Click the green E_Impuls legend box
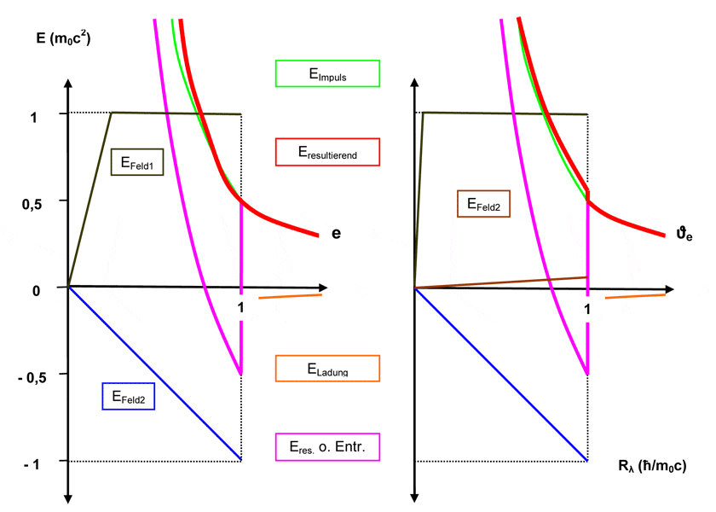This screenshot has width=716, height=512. point(327,73)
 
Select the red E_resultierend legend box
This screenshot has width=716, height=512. point(327,153)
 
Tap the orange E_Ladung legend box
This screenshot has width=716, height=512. point(327,369)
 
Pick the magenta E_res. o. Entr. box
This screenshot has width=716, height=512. point(327,446)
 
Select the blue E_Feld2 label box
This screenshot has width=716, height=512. point(128,397)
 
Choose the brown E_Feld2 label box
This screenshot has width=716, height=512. point(483,204)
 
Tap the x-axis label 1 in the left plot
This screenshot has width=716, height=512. point(241,306)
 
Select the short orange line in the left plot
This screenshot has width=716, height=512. point(290,296)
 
